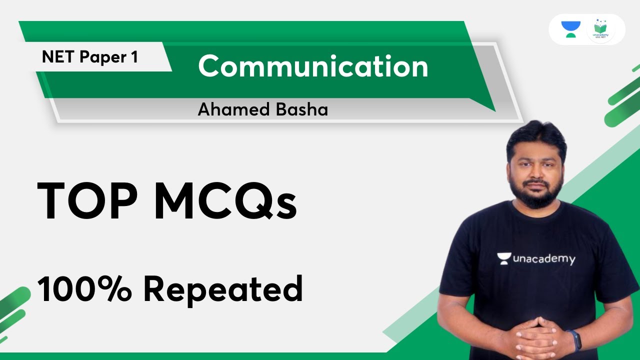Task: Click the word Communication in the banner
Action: point(313,66)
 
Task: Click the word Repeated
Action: point(223,290)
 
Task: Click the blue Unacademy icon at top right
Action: point(570,29)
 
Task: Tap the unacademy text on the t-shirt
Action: point(544,259)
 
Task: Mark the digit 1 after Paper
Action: point(134,57)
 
